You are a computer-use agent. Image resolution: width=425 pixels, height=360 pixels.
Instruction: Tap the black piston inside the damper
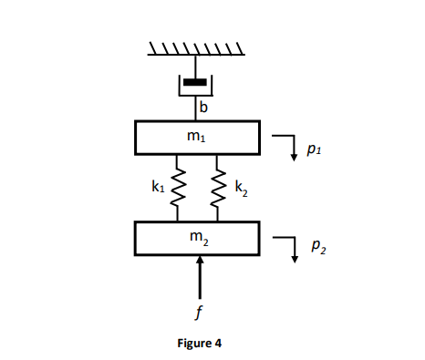[194, 82]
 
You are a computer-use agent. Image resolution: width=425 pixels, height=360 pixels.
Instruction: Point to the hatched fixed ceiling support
[195, 47]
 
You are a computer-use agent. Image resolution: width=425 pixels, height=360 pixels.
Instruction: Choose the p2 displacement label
[315, 247]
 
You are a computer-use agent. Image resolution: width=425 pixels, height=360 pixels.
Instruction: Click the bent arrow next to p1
[290, 143]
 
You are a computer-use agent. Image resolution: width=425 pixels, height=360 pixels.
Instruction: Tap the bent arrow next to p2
[290, 244]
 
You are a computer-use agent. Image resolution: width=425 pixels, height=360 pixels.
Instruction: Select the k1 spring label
[158, 187]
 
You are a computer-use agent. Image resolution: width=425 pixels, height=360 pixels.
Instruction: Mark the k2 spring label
[240, 189]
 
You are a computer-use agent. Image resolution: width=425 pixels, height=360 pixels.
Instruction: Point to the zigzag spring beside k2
[218, 188]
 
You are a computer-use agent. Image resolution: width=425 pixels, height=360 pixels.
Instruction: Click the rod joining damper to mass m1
[194, 108]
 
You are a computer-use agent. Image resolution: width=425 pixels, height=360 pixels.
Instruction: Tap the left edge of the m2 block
[135, 238]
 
